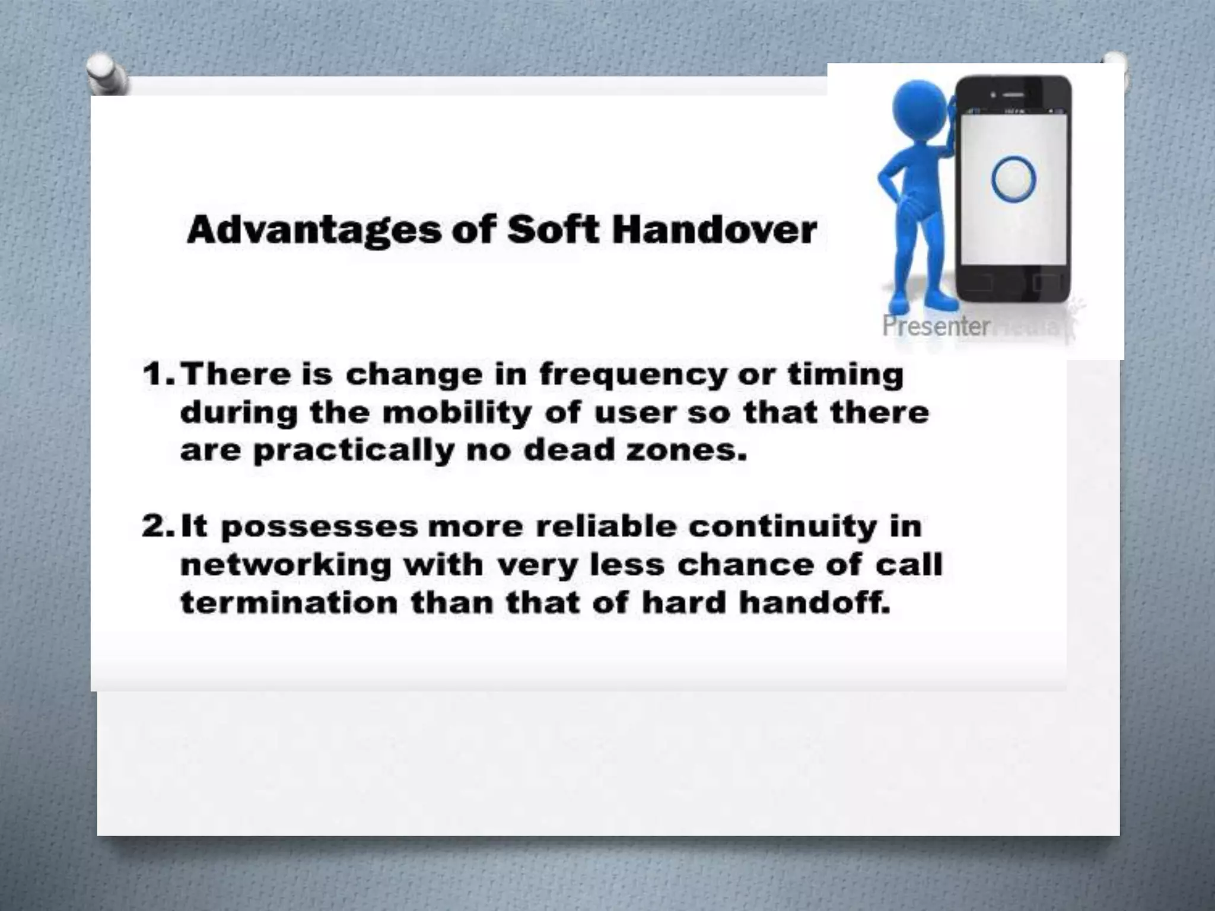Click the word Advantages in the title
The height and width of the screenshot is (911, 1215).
[314, 231]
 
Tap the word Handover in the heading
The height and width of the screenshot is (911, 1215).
[714, 230]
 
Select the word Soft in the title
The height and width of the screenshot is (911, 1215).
[553, 230]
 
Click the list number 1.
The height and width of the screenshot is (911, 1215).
[157, 375]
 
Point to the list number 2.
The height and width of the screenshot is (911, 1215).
[157, 527]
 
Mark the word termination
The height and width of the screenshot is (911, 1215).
[289, 603]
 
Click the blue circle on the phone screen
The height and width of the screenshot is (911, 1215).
[1013, 179]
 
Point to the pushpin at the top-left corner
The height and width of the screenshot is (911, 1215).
[105, 74]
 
